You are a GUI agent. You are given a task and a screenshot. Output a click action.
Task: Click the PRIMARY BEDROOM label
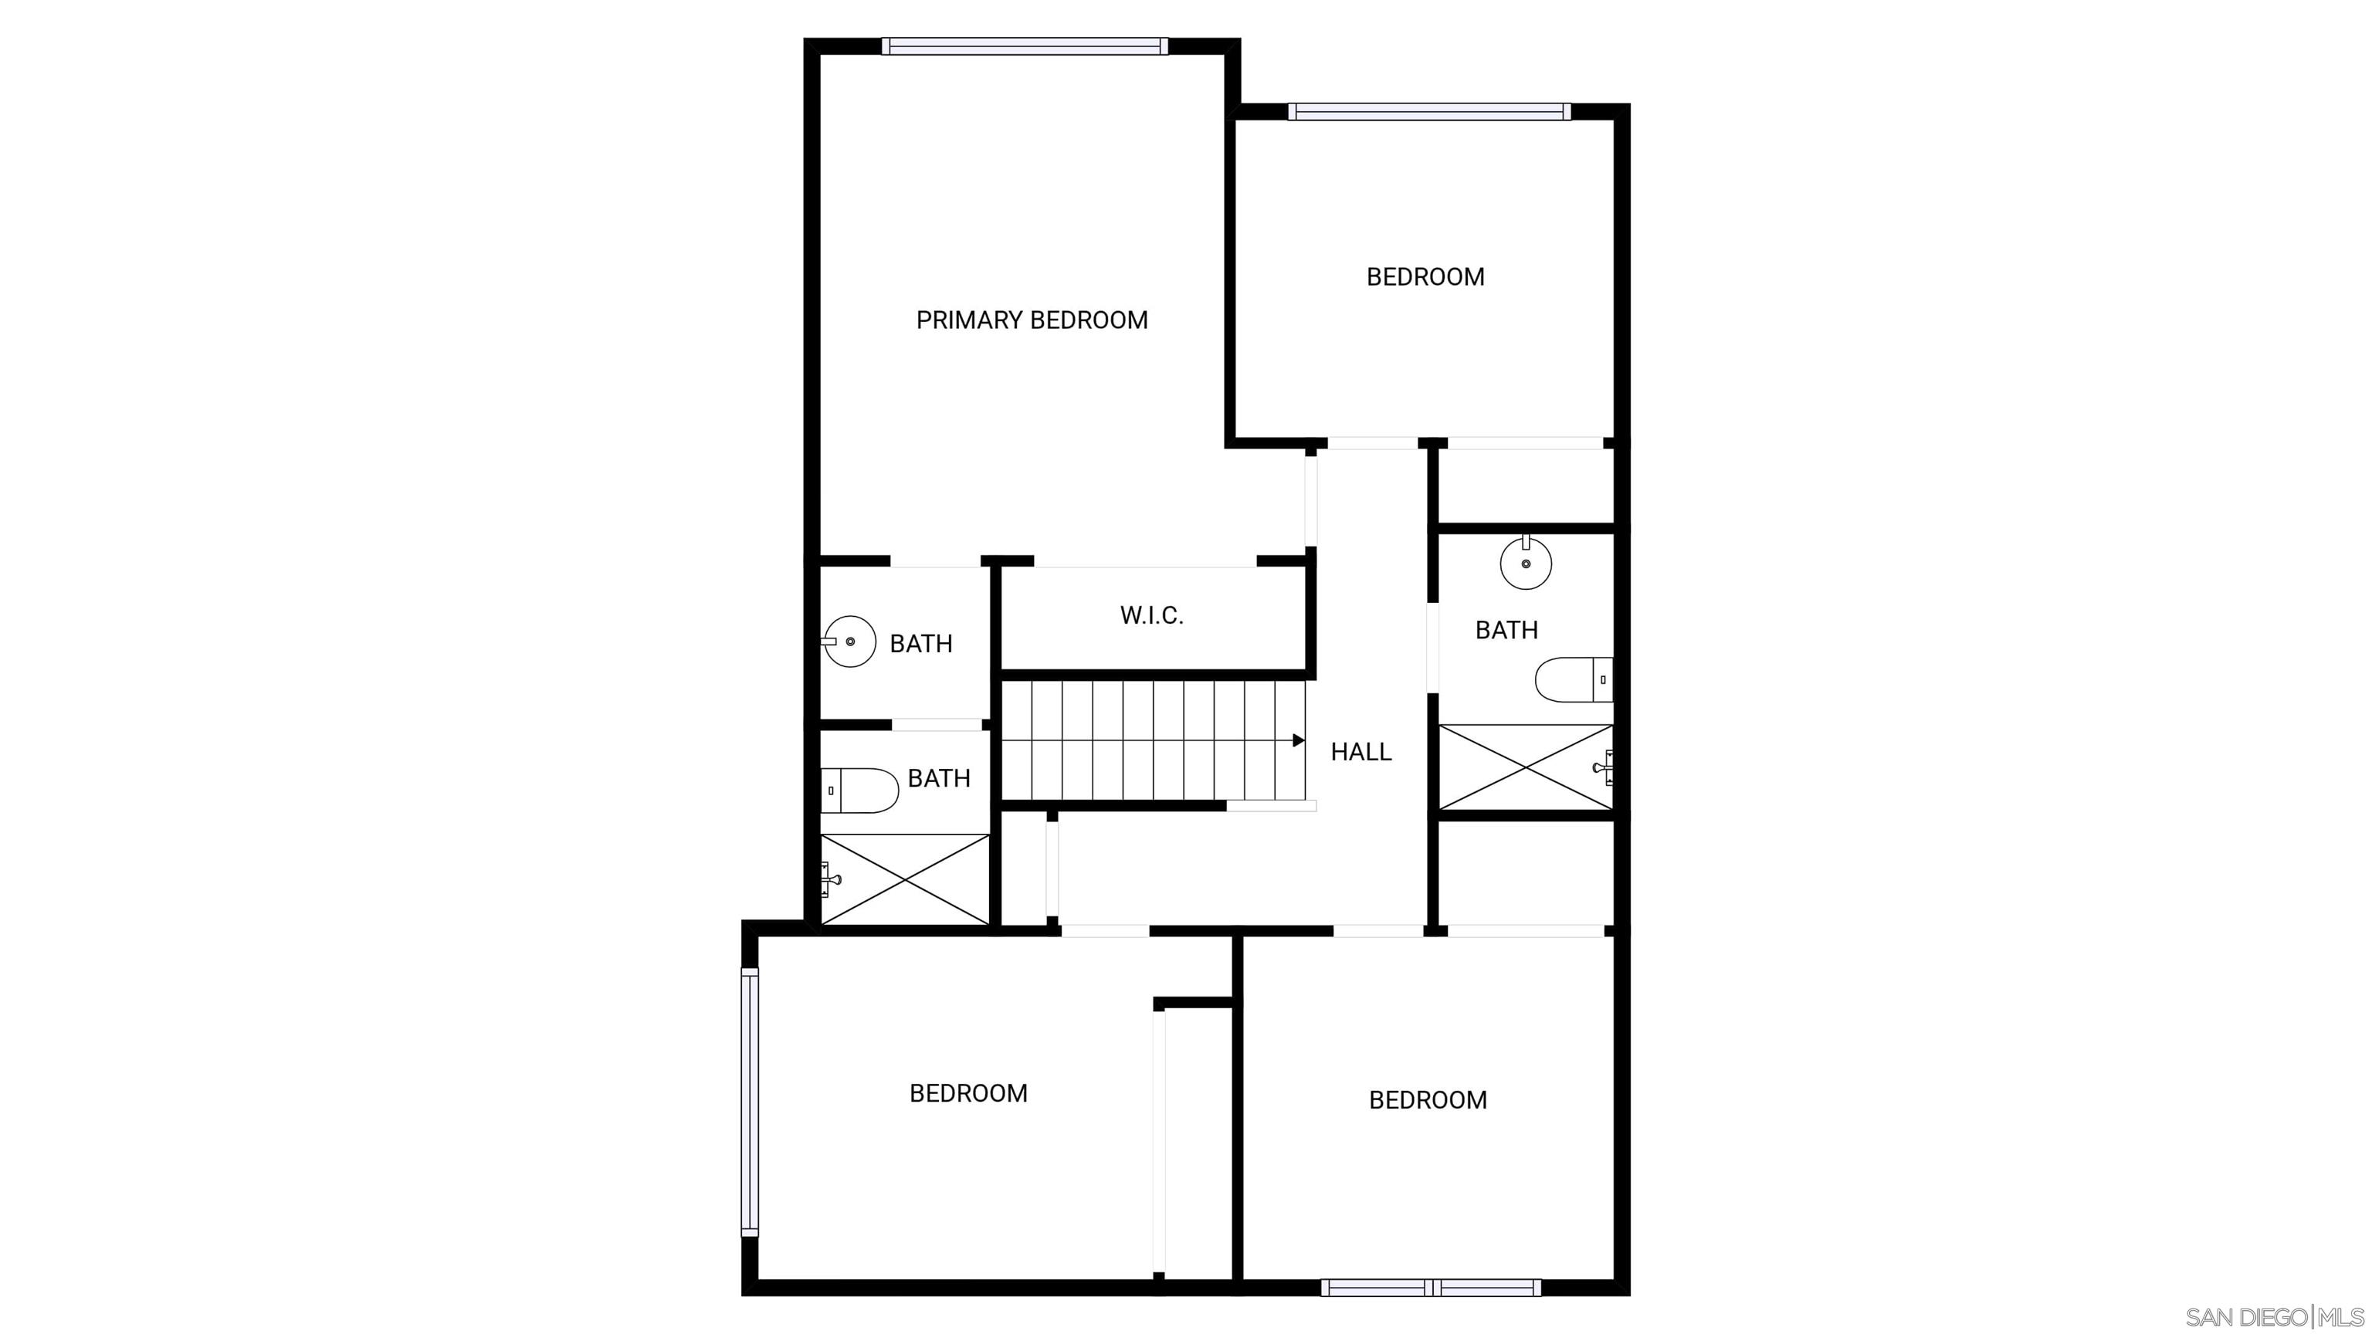[x=1032, y=320]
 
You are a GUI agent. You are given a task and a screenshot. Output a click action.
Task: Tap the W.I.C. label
[x=1151, y=615]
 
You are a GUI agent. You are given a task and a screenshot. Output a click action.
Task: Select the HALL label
[x=1361, y=752]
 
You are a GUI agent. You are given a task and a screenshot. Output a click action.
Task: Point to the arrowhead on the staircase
[x=1300, y=740]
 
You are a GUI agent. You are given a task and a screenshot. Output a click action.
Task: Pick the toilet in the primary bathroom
[x=859, y=791]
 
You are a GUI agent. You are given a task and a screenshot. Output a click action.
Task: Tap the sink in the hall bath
[x=1526, y=561]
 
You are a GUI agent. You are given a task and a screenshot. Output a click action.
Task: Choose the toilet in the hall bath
[x=1574, y=679]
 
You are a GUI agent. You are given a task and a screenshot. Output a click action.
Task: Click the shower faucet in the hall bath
[x=1605, y=767]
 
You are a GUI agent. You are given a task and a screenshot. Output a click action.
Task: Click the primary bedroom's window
[x=1025, y=46]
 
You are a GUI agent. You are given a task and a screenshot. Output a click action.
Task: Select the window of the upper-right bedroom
[x=1429, y=111]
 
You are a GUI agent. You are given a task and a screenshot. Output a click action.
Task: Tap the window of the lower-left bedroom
[x=750, y=1102]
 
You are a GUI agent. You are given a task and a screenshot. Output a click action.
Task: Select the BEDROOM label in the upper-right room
[x=1425, y=277]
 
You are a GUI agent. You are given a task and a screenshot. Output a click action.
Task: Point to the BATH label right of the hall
[x=1506, y=630]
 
